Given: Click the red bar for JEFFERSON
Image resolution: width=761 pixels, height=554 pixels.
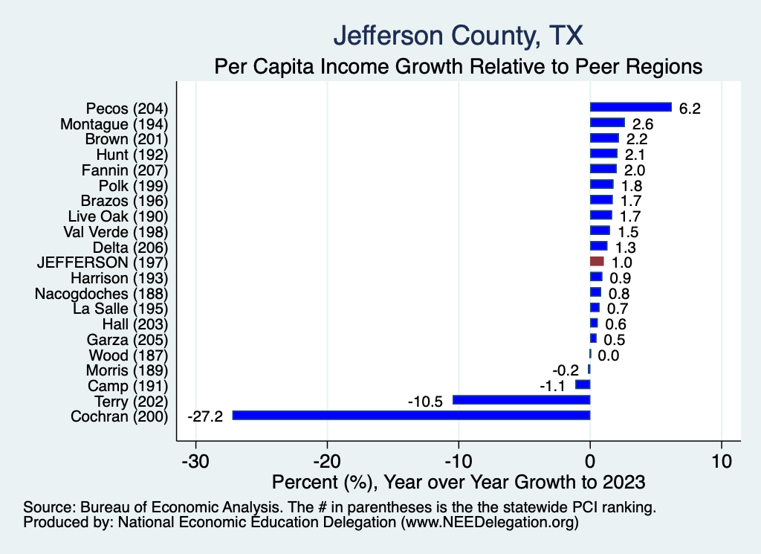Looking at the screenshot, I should coord(597,262).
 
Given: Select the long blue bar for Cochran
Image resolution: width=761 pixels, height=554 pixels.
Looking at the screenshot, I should coord(411,415).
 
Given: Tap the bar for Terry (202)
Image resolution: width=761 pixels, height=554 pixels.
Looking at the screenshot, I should coord(521,400).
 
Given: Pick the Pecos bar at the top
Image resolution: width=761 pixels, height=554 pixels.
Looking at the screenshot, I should coord(630,108).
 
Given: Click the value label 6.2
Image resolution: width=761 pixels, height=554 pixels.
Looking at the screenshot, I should coord(690,109).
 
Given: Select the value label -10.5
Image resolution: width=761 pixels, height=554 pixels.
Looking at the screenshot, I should coord(425,401).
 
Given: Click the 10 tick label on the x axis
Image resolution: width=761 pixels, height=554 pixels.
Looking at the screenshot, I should coord(721,460).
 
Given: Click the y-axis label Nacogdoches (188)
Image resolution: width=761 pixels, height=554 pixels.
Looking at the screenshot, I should coord(102,293).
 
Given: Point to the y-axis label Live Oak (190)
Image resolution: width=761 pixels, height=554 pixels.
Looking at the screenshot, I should coord(119,216).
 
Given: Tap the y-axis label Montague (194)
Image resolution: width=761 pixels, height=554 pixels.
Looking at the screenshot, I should coord(114,123).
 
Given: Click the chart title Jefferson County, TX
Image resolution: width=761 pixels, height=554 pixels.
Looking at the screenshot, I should coord(459,35).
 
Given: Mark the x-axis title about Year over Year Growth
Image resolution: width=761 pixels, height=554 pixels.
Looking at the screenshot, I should coord(459,482).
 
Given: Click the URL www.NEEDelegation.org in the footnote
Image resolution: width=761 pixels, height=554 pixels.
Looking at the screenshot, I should coord(490,523).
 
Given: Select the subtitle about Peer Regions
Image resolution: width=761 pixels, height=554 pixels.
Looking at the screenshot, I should coord(459,66).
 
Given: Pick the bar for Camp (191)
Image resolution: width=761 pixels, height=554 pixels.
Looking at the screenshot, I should coord(583,384).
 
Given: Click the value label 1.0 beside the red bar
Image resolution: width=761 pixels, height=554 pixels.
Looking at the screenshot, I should coord(622,262).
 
